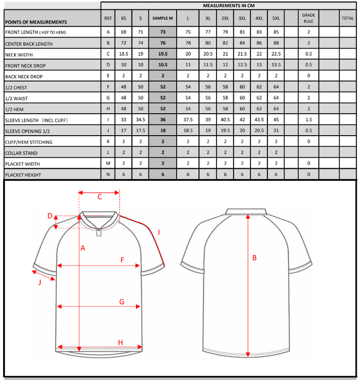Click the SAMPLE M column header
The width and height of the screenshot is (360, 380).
tap(162, 18)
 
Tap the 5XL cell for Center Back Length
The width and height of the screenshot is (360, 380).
tap(276, 44)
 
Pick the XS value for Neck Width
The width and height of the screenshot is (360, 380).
tap(123, 55)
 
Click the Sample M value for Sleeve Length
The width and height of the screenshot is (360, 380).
tap(162, 120)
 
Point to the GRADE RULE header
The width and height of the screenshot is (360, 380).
tap(308, 18)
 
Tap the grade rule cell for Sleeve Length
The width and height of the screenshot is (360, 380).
tap(308, 120)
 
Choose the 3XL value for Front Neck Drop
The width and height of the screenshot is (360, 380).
tap(242, 65)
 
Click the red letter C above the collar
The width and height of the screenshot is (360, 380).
tap(99, 197)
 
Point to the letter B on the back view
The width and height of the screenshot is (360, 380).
tap(254, 258)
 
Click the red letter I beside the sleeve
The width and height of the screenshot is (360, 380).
tap(158, 232)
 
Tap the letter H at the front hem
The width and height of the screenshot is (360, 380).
tap(120, 342)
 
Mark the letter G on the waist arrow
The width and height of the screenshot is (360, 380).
tap(121, 301)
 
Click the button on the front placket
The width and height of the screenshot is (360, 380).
tap(99, 231)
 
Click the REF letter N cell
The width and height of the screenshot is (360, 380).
tap(108, 174)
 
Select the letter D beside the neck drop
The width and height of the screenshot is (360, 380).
tap(50, 216)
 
